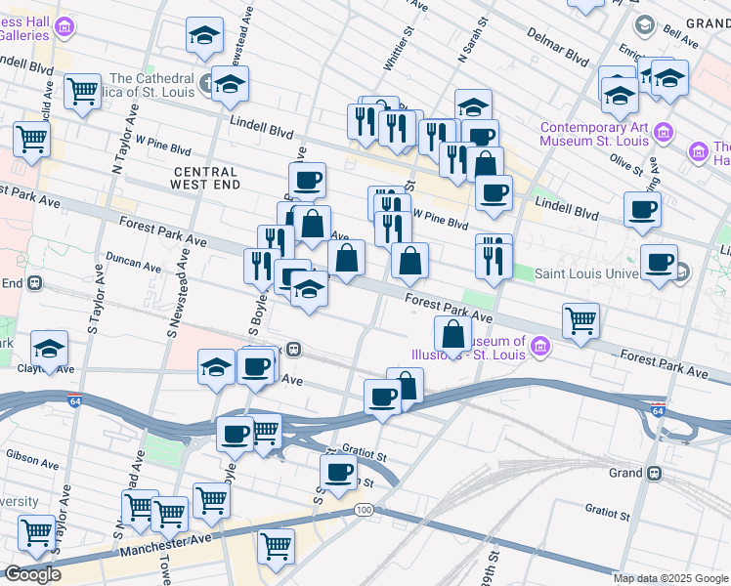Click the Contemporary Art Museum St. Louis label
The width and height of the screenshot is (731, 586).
tap(594, 135)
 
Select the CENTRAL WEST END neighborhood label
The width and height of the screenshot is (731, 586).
tap(219, 177)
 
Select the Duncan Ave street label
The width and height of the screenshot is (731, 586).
tap(134, 265)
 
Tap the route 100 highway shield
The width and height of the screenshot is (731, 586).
tap(365, 510)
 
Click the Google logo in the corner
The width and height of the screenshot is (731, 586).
tap(32, 574)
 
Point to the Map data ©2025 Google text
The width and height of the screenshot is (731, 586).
tap(669, 578)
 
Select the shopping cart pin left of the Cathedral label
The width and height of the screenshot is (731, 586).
tap(83, 92)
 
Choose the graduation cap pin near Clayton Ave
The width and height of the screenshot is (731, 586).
tap(50, 348)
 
